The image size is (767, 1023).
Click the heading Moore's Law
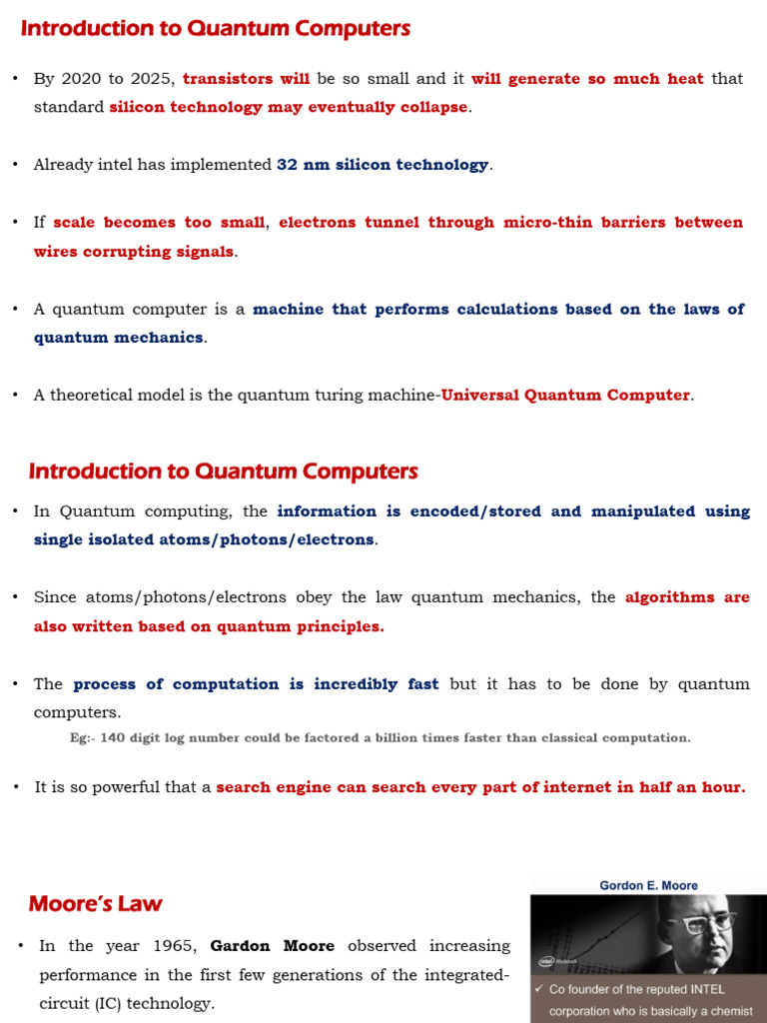pos(95,905)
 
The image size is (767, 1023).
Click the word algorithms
pos(670,598)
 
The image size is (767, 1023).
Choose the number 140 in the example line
pos(111,738)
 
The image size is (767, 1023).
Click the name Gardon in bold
pos(241,946)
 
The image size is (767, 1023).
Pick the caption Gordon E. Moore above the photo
pos(648,885)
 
